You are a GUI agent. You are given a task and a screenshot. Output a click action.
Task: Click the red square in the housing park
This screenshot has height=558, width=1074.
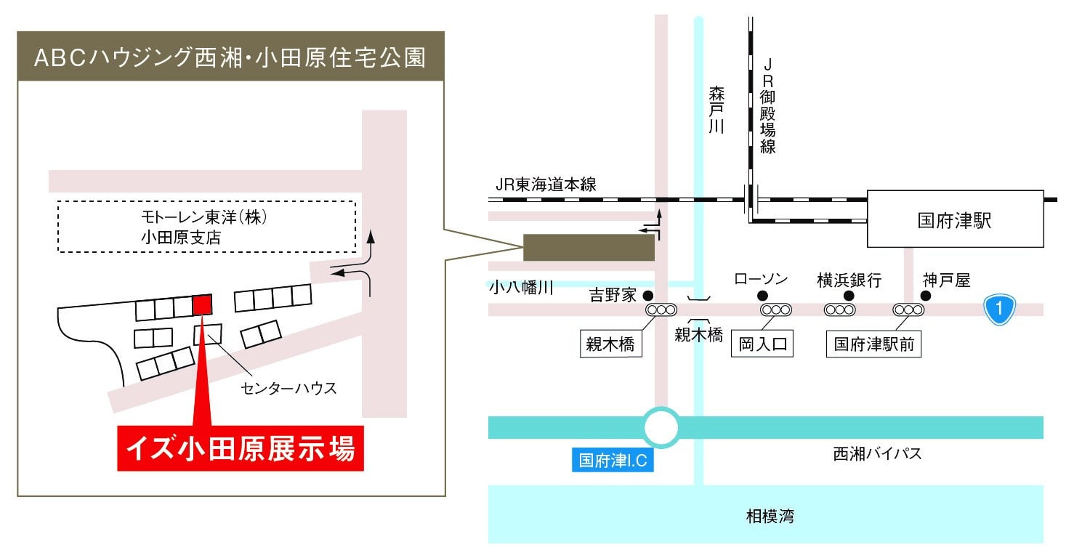(x=202, y=305)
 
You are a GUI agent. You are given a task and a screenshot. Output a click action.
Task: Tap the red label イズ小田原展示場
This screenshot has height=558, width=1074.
(x=241, y=448)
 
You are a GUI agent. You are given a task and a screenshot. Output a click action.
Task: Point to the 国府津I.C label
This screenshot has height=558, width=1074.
(x=613, y=461)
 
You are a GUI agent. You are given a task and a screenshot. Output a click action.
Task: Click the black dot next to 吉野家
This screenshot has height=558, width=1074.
(x=648, y=296)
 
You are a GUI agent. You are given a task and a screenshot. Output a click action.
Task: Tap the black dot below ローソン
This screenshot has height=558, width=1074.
(x=762, y=296)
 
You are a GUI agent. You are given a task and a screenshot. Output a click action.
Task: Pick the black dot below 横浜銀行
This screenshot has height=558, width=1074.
(x=848, y=296)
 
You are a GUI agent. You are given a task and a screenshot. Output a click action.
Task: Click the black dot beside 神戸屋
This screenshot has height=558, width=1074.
(x=926, y=296)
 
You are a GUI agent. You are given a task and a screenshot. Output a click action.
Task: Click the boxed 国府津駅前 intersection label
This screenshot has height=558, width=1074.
(x=874, y=344)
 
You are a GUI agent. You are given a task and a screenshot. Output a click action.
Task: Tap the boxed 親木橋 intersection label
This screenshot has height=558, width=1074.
(x=611, y=344)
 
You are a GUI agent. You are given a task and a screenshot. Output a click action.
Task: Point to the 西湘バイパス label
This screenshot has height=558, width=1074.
(x=876, y=454)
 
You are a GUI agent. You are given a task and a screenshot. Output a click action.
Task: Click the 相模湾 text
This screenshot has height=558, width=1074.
(x=770, y=517)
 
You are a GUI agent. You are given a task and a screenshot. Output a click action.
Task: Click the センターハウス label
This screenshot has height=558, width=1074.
(x=288, y=388)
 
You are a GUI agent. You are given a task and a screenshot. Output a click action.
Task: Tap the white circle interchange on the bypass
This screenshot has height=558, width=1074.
(x=662, y=427)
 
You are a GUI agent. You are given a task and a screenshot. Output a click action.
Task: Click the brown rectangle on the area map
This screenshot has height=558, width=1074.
(x=589, y=247)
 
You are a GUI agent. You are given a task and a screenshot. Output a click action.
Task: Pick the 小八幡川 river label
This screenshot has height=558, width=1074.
(x=521, y=288)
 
